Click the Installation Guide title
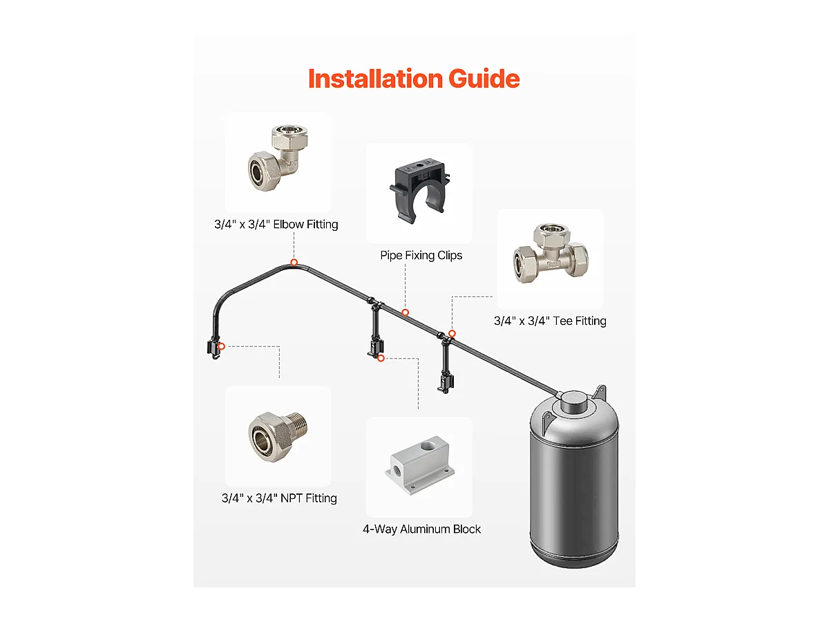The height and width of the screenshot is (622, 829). [x=413, y=79]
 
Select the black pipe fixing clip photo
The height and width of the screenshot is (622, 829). [x=419, y=191]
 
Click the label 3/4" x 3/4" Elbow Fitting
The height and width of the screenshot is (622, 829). [x=276, y=225]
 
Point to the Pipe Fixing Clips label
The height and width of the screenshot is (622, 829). [x=421, y=256]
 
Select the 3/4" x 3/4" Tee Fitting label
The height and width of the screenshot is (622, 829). [x=550, y=321]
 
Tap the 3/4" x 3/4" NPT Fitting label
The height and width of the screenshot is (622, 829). [x=279, y=498]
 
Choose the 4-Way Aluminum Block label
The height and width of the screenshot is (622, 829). [x=421, y=529]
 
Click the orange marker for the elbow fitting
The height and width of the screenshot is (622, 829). [x=294, y=262]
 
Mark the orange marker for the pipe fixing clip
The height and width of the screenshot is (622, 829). [x=406, y=312]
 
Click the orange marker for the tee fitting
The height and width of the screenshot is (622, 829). [x=452, y=334]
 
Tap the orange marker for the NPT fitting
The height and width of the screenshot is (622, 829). [x=221, y=346]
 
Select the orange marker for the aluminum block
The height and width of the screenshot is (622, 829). [x=381, y=358]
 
